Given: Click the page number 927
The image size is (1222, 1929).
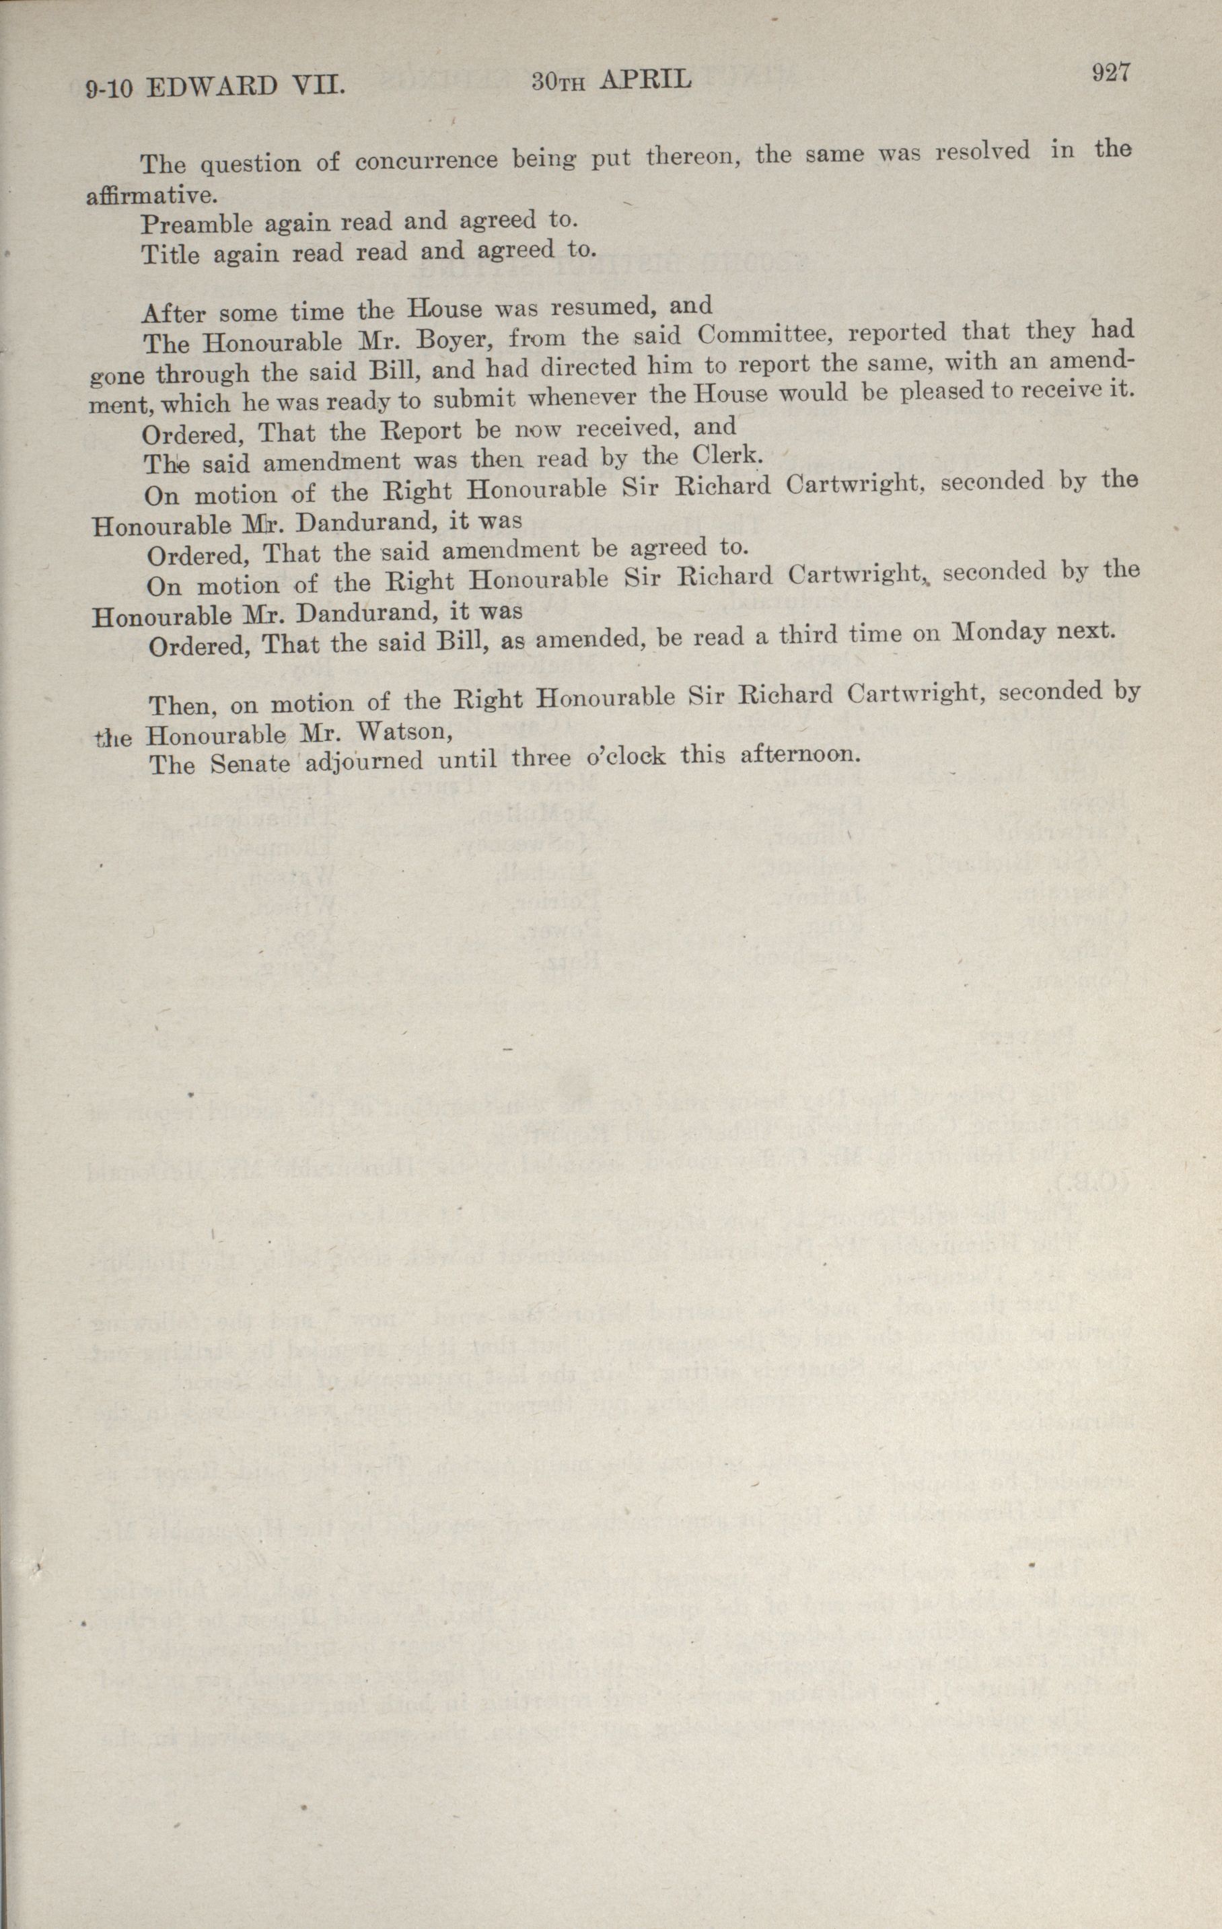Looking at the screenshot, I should coord(1109,73).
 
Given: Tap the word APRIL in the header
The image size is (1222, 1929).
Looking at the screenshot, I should coord(645,79).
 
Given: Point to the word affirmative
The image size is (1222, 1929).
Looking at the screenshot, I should coord(151,194).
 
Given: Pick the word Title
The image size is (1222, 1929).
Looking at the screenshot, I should coord(170,255).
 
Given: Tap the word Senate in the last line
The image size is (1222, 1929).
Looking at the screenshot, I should coord(250,764).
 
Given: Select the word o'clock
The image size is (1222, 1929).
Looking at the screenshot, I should coord(626,758).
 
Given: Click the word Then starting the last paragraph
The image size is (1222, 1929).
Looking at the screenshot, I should coord(184,705).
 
